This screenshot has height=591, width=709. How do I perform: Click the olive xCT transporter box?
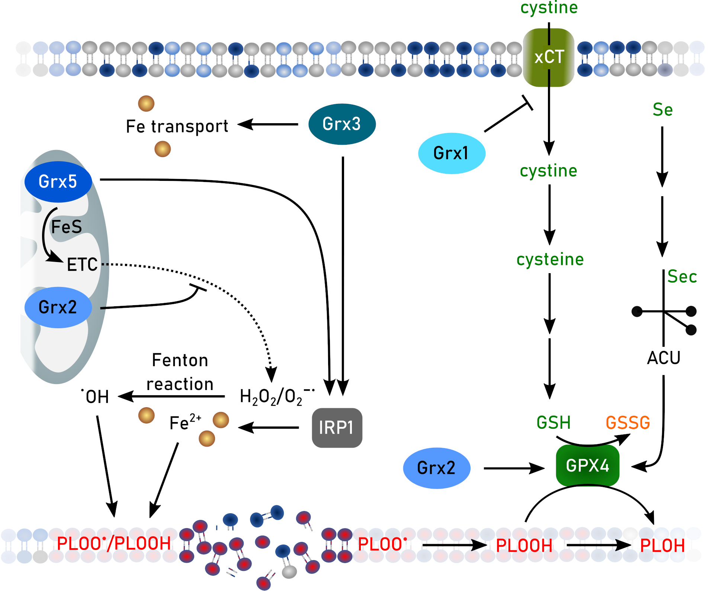[548, 57]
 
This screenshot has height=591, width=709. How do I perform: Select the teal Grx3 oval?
[341, 124]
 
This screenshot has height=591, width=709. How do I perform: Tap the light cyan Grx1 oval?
[451, 153]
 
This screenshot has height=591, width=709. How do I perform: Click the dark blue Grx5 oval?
[58, 182]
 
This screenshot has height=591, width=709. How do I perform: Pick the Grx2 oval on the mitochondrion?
[58, 307]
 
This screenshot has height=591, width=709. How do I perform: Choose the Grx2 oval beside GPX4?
[436, 468]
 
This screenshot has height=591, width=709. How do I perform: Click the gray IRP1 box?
[337, 428]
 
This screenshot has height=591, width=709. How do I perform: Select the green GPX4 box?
[587, 465]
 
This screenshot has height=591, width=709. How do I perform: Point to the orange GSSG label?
[628, 423]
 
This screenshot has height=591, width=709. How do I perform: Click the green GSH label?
[553, 423]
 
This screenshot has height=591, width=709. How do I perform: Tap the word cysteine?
[550, 259]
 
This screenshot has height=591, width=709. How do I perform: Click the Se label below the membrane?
[663, 110]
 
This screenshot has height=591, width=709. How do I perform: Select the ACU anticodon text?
[664, 358]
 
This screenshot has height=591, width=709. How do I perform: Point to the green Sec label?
[682, 277]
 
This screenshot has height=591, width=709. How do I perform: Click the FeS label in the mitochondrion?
[66, 227]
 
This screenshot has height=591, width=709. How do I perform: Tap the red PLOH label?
[662, 546]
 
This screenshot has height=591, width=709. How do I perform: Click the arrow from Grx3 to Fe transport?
[268, 124]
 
